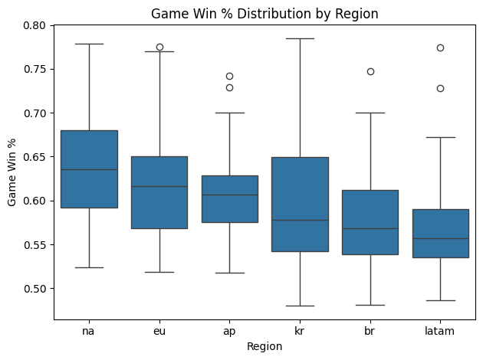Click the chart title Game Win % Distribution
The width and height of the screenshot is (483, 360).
click(x=264, y=13)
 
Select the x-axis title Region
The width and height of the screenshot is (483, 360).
click(x=264, y=347)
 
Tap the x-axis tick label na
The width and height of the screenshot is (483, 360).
click(x=89, y=331)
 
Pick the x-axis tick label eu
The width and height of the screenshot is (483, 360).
click(x=159, y=331)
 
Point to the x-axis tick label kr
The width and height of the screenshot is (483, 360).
click(x=300, y=331)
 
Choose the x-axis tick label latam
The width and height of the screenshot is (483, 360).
click(x=440, y=331)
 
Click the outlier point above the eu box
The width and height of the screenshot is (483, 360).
click(x=159, y=47)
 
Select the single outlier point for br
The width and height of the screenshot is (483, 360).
click(x=370, y=71)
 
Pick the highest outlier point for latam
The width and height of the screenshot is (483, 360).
click(x=440, y=47)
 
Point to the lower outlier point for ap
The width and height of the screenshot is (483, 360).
click(x=229, y=87)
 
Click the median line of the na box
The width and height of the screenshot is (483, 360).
click(x=89, y=169)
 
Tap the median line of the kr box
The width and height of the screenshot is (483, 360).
click(x=300, y=220)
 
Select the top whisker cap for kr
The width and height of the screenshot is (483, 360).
click(x=300, y=38)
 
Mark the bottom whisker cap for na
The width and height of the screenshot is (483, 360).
click(x=89, y=267)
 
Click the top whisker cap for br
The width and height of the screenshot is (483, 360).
click(x=370, y=113)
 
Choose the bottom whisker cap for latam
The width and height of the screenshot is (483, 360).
click(x=440, y=300)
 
